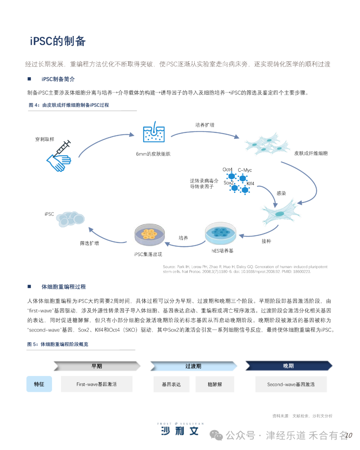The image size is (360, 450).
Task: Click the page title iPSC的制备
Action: [x=58, y=41]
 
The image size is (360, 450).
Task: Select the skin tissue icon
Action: [x=154, y=132]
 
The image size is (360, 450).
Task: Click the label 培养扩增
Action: [x=205, y=125]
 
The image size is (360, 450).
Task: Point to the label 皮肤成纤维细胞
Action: [x=311, y=153]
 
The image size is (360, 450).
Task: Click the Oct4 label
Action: [x=227, y=170]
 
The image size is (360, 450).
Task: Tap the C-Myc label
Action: [x=245, y=170]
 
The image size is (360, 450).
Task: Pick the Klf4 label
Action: [x=250, y=183]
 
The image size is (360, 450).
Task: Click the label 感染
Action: [x=281, y=193]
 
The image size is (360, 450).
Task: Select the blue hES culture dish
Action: [x=220, y=233]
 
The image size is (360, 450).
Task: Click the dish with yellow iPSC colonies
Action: [x=149, y=234]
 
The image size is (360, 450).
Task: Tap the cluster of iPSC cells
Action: [x=70, y=219]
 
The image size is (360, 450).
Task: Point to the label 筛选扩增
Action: [x=89, y=243]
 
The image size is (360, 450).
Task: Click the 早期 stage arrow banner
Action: [x=97, y=366]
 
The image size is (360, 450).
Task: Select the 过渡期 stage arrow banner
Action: [x=193, y=366]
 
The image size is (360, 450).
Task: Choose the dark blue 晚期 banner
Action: [x=289, y=366]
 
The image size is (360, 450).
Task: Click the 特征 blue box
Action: [x=39, y=384]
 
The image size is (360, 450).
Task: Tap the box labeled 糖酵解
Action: [x=215, y=384]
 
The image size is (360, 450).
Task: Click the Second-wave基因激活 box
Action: [x=291, y=384]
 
